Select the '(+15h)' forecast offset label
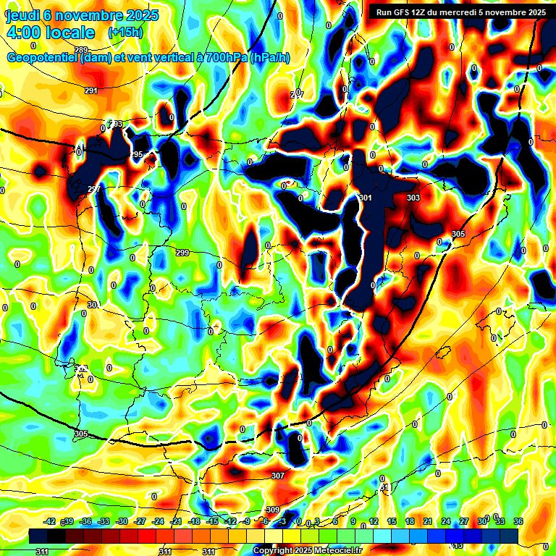click(125, 33)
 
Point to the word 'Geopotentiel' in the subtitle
click(42, 58)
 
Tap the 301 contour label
click(366, 198)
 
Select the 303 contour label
click(413, 198)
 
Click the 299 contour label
click(182, 253)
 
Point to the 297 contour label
click(94, 190)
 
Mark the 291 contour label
click(91, 90)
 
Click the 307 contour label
click(278, 476)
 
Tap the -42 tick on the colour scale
click(50, 521)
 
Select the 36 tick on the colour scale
click(518, 521)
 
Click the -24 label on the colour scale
click(158, 521)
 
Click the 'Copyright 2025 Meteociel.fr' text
click(306, 551)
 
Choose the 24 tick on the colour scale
click(445, 521)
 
